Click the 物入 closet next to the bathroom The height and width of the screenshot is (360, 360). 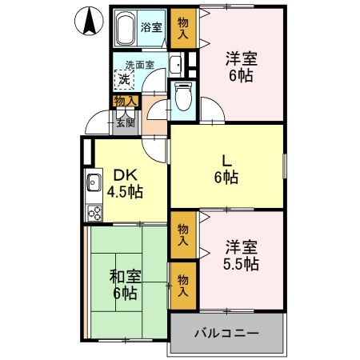[183, 29]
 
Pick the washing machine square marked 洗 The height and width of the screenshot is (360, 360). [124, 78]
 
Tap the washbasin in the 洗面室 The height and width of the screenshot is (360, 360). [177, 65]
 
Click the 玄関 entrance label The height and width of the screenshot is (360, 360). [125, 122]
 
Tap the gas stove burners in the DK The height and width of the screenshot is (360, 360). [94, 213]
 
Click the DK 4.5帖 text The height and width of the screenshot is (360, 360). [125, 182]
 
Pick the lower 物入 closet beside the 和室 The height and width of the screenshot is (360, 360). [183, 284]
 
